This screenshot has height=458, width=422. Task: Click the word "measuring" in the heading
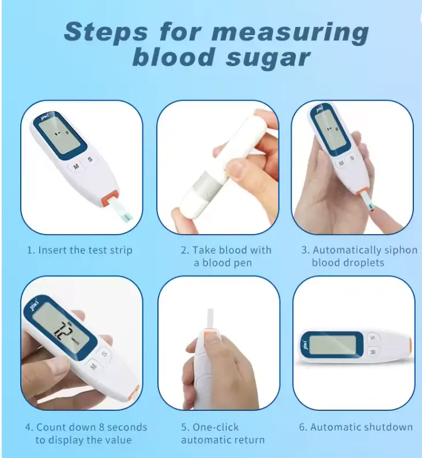click(296, 33)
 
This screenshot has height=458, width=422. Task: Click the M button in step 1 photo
click(76, 167)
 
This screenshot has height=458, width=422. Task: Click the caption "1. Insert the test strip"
click(80, 250)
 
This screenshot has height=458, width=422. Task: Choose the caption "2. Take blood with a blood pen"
click(225, 256)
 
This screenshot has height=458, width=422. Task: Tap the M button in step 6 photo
click(372, 351)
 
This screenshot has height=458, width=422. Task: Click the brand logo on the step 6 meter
click(304, 345)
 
